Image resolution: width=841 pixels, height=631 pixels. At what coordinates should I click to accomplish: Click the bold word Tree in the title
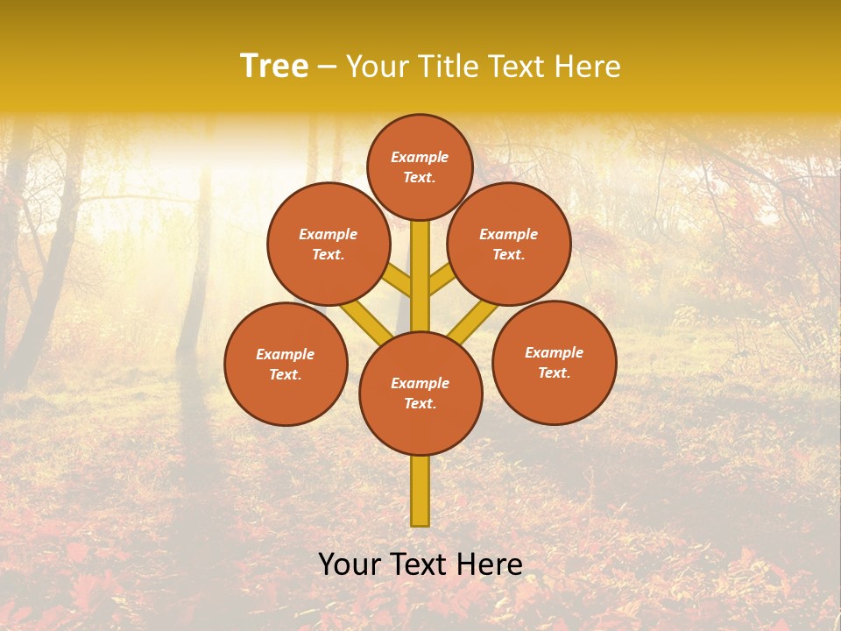[274, 67]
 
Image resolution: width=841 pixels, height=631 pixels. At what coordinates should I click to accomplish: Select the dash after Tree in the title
[327, 67]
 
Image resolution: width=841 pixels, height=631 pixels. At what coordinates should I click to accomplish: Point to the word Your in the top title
[377, 67]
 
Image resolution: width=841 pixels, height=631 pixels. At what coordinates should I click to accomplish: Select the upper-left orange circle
[329, 244]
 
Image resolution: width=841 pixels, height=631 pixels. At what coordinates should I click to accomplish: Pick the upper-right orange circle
[509, 244]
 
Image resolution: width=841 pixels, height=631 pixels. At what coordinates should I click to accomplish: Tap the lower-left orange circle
[286, 364]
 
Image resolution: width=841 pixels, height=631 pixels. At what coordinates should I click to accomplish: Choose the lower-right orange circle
[555, 362]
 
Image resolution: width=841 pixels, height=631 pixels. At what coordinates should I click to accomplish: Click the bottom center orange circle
[420, 393]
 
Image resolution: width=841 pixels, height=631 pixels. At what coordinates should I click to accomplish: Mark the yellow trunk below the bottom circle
[420, 491]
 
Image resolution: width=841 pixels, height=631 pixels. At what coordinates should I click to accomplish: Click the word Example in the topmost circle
[420, 158]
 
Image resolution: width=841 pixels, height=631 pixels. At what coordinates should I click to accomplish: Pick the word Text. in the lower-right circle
[555, 372]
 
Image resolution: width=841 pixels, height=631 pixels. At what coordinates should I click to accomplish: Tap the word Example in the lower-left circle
[286, 354]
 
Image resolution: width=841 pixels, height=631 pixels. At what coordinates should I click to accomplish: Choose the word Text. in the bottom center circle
[420, 403]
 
